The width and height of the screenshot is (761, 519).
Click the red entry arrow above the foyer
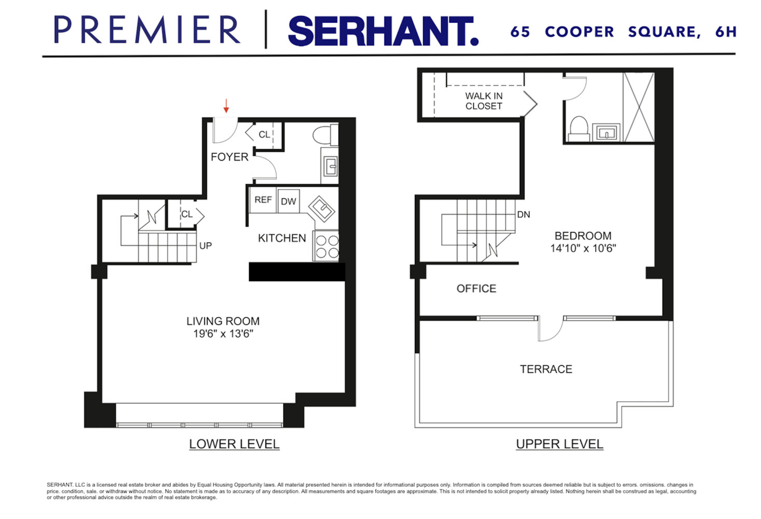pyautogui.click(x=226, y=106)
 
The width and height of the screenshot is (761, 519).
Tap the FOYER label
pyautogui.click(x=229, y=157)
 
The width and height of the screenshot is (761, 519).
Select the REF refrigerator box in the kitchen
pyautogui.click(x=263, y=200)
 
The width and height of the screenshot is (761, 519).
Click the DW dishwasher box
pyautogui.click(x=288, y=201)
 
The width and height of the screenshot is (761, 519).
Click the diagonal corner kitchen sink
pyautogui.click(x=322, y=209)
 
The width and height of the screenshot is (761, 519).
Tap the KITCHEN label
pyautogui.click(x=282, y=238)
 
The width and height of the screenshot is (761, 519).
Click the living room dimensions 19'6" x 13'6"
pyautogui.click(x=223, y=334)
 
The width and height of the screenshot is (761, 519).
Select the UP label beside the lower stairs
pyautogui.click(x=206, y=245)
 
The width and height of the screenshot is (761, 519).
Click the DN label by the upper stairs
pyautogui.click(x=523, y=214)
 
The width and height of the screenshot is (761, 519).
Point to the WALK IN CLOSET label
pyautogui.click(x=483, y=101)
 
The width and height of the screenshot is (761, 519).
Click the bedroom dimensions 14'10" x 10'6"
pyautogui.click(x=582, y=248)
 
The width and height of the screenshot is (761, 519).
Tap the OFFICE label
pyautogui.click(x=476, y=289)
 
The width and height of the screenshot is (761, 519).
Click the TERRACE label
pyautogui.click(x=546, y=369)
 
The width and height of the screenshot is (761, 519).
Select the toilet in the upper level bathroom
pyautogui.click(x=578, y=128)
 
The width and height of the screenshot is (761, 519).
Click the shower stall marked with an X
pyautogui.click(x=638, y=107)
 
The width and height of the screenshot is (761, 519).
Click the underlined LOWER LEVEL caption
pyautogui.click(x=234, y=444)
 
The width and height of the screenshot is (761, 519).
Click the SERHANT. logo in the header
pyautogui.click(x=383, y=31)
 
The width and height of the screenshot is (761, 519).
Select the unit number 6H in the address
pyautogui.click(x=725, y=32)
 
